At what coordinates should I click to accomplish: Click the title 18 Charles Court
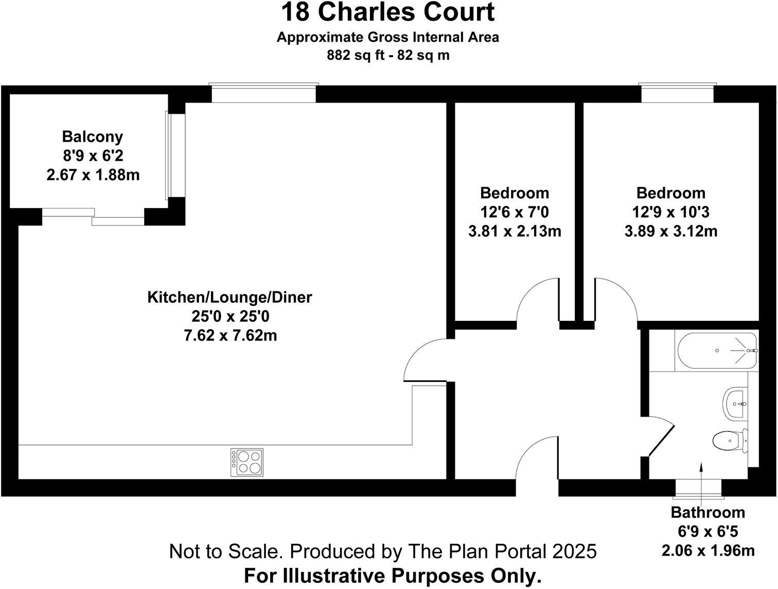point(388,12)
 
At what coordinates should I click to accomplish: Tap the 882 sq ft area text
point(355,55)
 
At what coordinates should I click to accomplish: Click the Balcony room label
point(93,136)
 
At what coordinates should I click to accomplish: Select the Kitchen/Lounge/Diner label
point(229,298)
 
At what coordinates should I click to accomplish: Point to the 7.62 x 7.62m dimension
point(230,336)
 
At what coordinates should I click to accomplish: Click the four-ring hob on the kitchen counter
point(247,461)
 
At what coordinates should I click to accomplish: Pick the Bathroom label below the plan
point(708,512)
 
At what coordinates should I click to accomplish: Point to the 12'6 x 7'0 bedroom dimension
point(514,212)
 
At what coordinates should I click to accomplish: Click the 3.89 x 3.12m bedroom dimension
point(670,231)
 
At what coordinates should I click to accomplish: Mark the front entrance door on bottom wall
point(537,466)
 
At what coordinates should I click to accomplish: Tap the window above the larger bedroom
point(677,94)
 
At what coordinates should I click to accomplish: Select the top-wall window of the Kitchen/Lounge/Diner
point(263,94)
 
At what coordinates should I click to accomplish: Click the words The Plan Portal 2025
point(502,551)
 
